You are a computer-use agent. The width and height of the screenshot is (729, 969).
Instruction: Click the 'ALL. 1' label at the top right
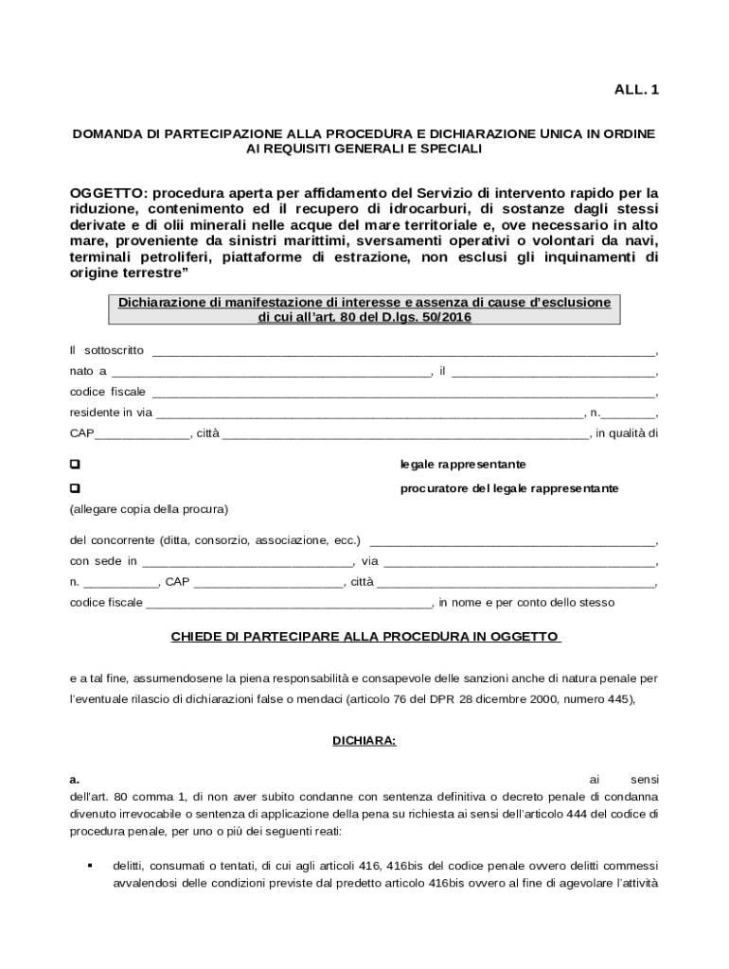coord(637,90)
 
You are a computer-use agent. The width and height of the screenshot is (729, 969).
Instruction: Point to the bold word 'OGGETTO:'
coord(108,193)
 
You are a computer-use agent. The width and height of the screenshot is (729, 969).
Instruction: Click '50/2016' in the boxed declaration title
coord(441,319)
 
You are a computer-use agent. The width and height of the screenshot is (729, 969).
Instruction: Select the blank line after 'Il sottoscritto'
coord(404,351)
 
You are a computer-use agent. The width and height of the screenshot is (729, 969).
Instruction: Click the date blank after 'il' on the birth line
coord(553,372)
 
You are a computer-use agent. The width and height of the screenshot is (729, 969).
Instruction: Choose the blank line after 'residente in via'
coord(369,414)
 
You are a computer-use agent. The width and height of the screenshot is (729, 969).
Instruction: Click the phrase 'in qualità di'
coord(626,434)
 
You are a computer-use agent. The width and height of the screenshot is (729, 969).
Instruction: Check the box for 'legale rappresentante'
coord(75,465)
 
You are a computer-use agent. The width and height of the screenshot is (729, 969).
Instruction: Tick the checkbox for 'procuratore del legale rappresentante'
coord(75,488)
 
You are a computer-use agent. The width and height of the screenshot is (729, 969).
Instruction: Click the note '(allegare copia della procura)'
coord(149,509)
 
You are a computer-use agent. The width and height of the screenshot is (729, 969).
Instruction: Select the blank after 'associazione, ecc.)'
coord(511,541)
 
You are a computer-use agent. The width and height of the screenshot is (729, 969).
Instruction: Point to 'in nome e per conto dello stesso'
coord(526,602)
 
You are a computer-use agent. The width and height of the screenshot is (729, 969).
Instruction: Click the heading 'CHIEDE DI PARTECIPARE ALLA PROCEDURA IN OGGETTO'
coord(364,637)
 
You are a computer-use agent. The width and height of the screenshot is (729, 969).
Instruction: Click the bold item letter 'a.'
coord(75,780)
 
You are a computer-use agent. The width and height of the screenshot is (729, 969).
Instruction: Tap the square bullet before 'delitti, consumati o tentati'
coord(89,866)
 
